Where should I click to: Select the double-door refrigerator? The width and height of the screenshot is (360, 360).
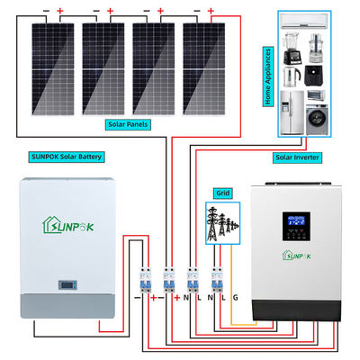pyautogui.click(x=292, y=113)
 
